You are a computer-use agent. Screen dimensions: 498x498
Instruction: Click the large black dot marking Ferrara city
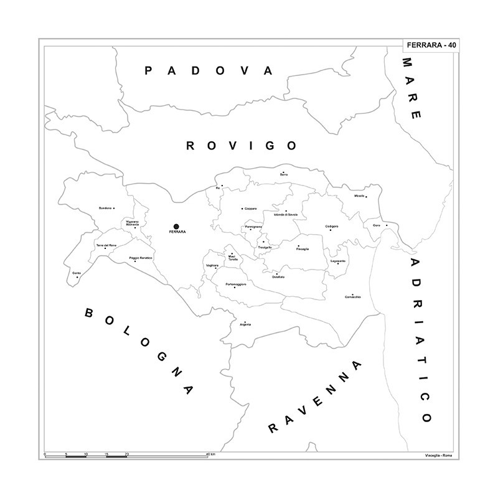(x=176, y=227)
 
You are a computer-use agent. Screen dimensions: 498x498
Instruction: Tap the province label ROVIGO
(x=242, y=146)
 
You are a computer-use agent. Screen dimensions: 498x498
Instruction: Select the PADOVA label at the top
(x=209, y=71)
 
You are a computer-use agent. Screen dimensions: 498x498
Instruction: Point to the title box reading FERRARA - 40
(x=431, y=45)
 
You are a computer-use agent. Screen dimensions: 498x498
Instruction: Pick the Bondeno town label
(x=106, y=208)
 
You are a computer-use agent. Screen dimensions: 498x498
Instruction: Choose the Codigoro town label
(x=332, y=226)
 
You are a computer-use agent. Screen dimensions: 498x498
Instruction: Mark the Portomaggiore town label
(x=236, y=284)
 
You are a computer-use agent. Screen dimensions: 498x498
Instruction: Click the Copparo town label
(x=250, y=208)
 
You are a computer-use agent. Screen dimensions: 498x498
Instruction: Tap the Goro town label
(x=377, y=225)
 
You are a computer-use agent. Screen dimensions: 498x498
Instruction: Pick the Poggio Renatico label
(x=141, y=258)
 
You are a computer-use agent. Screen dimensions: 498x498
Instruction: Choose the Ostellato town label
(x=278, y=276)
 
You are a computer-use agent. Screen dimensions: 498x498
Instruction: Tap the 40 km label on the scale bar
(x=212, y=455)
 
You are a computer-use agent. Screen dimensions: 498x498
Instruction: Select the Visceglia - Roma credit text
(x=438, y=456)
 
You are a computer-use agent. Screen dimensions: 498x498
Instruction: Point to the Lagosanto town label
(x=338, y=261)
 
